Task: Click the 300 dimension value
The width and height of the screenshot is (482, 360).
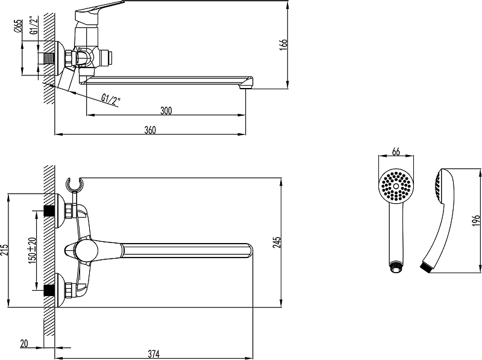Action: tap(166, 110)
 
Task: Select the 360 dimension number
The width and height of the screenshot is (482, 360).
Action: tap(150, 130)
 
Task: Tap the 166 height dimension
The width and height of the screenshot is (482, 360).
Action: tap(283, 44)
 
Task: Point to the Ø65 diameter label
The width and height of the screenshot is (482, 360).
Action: tap(18, 26)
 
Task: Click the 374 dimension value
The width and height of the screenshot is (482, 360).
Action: tap(154, 354)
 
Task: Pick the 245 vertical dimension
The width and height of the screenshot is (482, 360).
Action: tap(277, 242)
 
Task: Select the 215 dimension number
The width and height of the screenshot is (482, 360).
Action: tap(4, 250)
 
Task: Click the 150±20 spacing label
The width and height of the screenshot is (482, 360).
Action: tap(33, 250)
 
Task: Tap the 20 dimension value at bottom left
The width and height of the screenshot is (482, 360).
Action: tap(24, 343)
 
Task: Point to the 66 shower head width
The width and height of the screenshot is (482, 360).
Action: tap(396, 151)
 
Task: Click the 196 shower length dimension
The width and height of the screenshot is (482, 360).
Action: tap(476, 221)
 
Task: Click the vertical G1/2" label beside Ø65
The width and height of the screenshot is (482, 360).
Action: tap(34, 25)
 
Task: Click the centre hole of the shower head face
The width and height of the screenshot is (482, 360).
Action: tap(396, 186)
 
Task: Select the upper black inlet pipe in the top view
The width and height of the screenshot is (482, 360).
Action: tap(49, 211)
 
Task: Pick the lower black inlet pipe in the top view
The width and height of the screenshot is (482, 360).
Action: tap(49, 290)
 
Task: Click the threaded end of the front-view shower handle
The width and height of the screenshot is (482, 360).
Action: tap(396, 267)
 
